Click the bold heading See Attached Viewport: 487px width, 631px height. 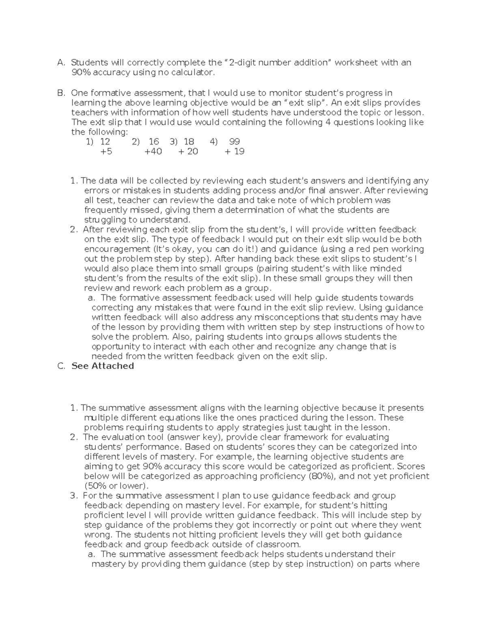103,366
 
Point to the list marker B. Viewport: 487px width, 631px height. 61,93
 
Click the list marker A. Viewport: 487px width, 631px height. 61,63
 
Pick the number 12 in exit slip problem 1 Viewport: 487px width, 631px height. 105,142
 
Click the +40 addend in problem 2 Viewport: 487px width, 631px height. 153,152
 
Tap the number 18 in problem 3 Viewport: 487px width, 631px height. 189,142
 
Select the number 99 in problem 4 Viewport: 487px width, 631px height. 235,142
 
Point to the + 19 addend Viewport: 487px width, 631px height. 235,152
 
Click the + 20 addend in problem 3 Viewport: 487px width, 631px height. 188,152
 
